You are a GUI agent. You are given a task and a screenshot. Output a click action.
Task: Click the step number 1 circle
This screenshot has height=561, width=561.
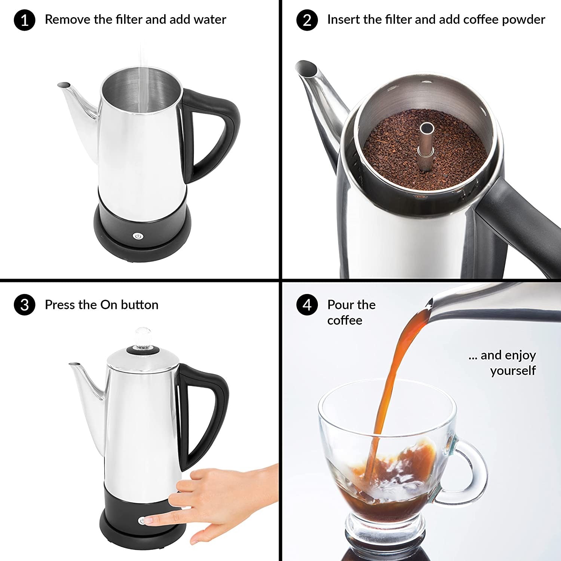tap(24, 20)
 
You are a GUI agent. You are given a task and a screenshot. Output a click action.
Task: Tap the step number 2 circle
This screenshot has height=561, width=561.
tap(307, 20)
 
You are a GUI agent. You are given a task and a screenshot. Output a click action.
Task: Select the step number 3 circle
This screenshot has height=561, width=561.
tap(24, 305)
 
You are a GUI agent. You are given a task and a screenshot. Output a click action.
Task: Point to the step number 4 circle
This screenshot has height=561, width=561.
tap(307, 305)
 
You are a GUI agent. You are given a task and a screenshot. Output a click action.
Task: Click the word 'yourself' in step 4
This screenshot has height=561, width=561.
tap(513, 371)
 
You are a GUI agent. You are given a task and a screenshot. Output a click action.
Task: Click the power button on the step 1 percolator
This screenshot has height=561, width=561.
tap(138, 236)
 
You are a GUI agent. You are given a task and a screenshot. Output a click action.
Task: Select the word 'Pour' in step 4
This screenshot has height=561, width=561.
tap(341, 305)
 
